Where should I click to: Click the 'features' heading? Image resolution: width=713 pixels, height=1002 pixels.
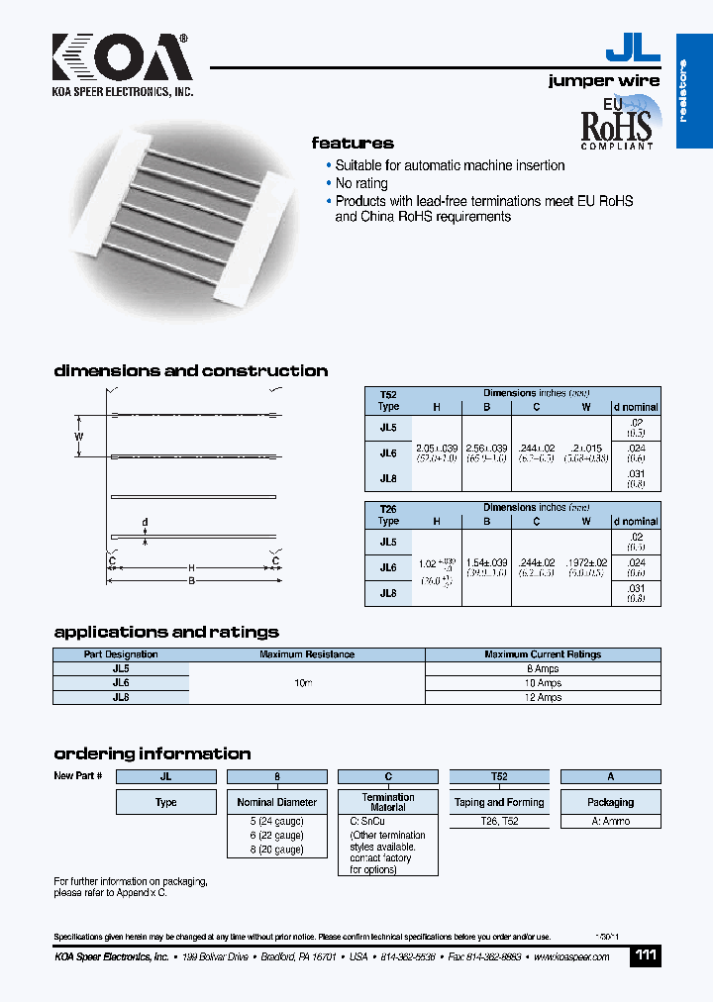pos(353,144)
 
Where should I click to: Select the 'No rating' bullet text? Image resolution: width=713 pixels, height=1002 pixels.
pos(361,183)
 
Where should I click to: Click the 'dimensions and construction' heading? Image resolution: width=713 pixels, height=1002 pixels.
pos(190,371)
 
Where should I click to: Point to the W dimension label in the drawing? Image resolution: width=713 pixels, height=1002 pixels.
pos(80,436)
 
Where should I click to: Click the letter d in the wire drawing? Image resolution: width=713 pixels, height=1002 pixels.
pos(145,522)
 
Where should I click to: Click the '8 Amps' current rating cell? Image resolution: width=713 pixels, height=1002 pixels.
pos(542,669)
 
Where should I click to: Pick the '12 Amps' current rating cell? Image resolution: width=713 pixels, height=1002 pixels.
pos(542,697)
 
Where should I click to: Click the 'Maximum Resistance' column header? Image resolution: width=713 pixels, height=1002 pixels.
pos(306,654)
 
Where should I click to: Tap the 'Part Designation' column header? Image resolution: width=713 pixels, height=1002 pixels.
pos(121,654)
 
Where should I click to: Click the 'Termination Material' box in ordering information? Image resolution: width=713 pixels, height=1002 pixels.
pos(388,802)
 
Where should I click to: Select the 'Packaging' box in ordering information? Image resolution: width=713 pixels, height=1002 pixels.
pos(610,802)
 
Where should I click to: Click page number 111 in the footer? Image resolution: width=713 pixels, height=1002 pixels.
pos(645,955)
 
